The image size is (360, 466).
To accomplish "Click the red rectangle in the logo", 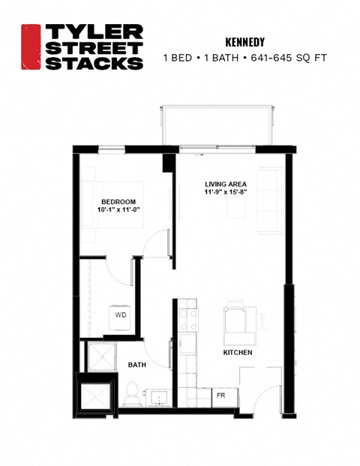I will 30,47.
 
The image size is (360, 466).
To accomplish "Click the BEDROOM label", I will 119,202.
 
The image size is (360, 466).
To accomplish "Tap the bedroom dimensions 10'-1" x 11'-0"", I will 119,211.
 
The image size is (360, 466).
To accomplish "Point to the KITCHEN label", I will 237,352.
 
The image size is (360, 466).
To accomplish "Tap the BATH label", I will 137,365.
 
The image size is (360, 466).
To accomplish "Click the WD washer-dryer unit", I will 120,316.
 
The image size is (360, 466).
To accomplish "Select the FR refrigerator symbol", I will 221,395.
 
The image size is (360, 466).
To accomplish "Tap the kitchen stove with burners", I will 187,320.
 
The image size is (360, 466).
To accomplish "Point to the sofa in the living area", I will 268,200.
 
